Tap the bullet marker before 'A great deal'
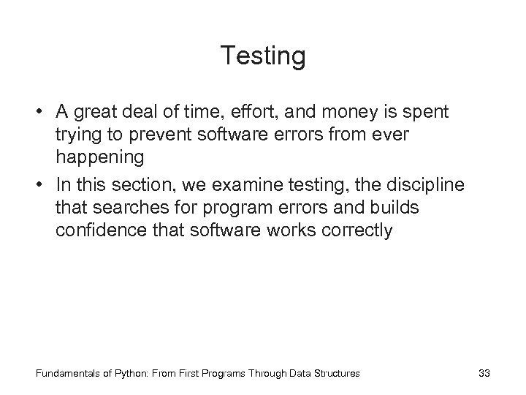(x=36, y=112)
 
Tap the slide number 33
(x=483, y=373)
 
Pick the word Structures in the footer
(x=337, y=373)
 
